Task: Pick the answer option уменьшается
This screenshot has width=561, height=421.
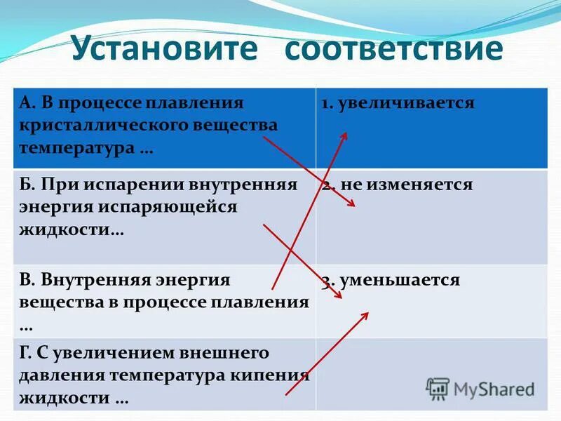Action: pos(400,280)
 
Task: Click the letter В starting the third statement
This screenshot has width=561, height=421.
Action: pos(25,280)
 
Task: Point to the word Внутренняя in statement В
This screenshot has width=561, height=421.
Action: pos(87,280)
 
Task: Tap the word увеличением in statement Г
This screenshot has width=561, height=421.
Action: pos(108,352)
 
